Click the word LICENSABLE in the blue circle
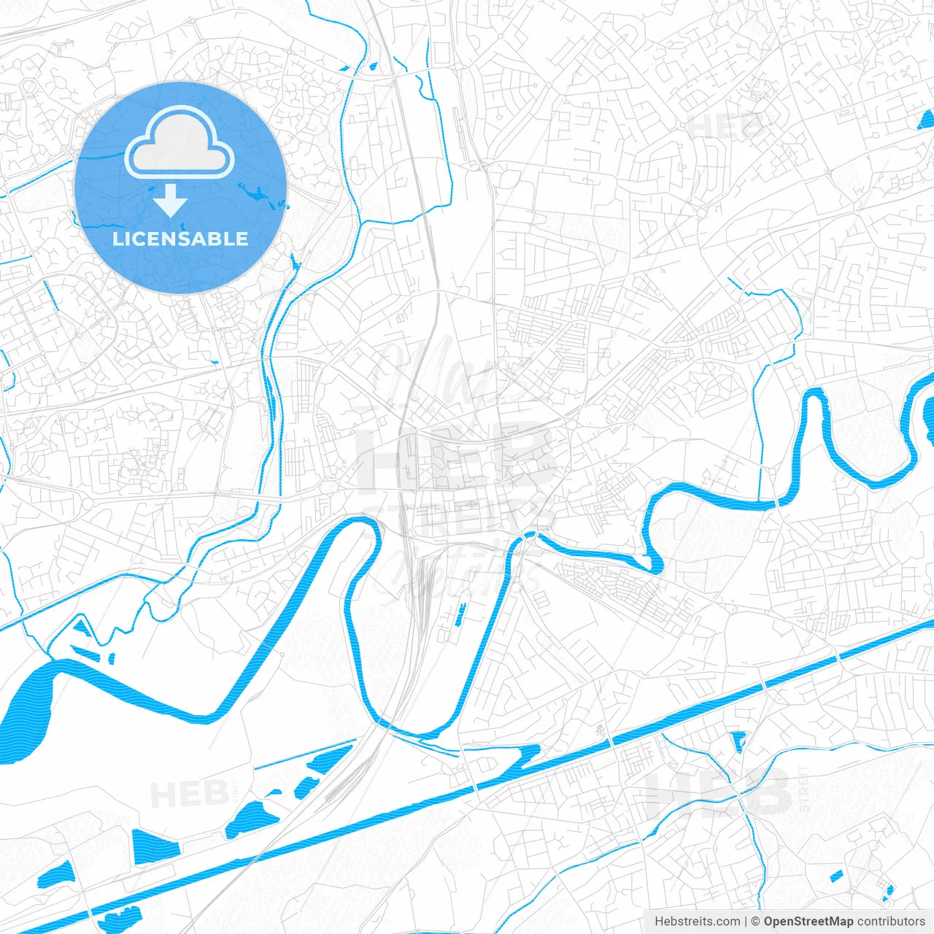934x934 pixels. (x=180, y=239)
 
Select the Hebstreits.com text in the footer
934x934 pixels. (x=697, y=922)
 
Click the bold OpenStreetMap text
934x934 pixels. (x=808, y=922)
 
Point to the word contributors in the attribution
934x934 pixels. (x=891, y=922)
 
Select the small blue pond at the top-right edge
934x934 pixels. (x=926, y=120)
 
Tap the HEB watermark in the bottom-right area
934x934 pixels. (x=719, y=792)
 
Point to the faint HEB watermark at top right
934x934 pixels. (x=726, y=126)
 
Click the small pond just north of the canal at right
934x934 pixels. (x=738, y=740)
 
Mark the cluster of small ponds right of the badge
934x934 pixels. (x=259, y=196)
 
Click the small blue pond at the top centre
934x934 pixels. (x=372, y=67)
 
